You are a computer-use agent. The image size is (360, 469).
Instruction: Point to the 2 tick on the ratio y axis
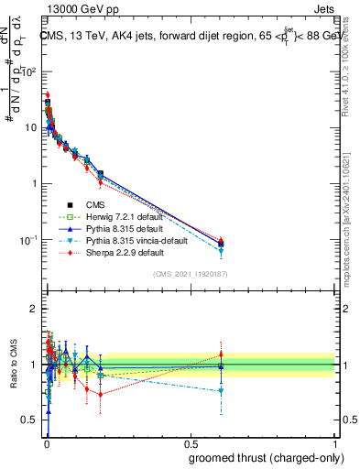pos(34,309)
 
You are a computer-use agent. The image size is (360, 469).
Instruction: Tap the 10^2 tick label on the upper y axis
pos(30,71)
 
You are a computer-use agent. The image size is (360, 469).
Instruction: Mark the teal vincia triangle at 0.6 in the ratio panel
pos(221,391)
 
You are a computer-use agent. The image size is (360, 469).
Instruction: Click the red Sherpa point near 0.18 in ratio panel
pos(100,395)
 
